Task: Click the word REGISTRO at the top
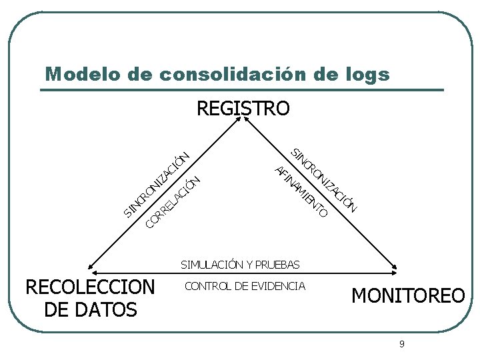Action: click(x=243, y=108)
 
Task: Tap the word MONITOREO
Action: click(x=408, y=295)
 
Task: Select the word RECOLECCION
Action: click(x=89, y=287)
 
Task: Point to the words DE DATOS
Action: click(x=89, y=309)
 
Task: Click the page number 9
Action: click(x=401, y=344)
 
